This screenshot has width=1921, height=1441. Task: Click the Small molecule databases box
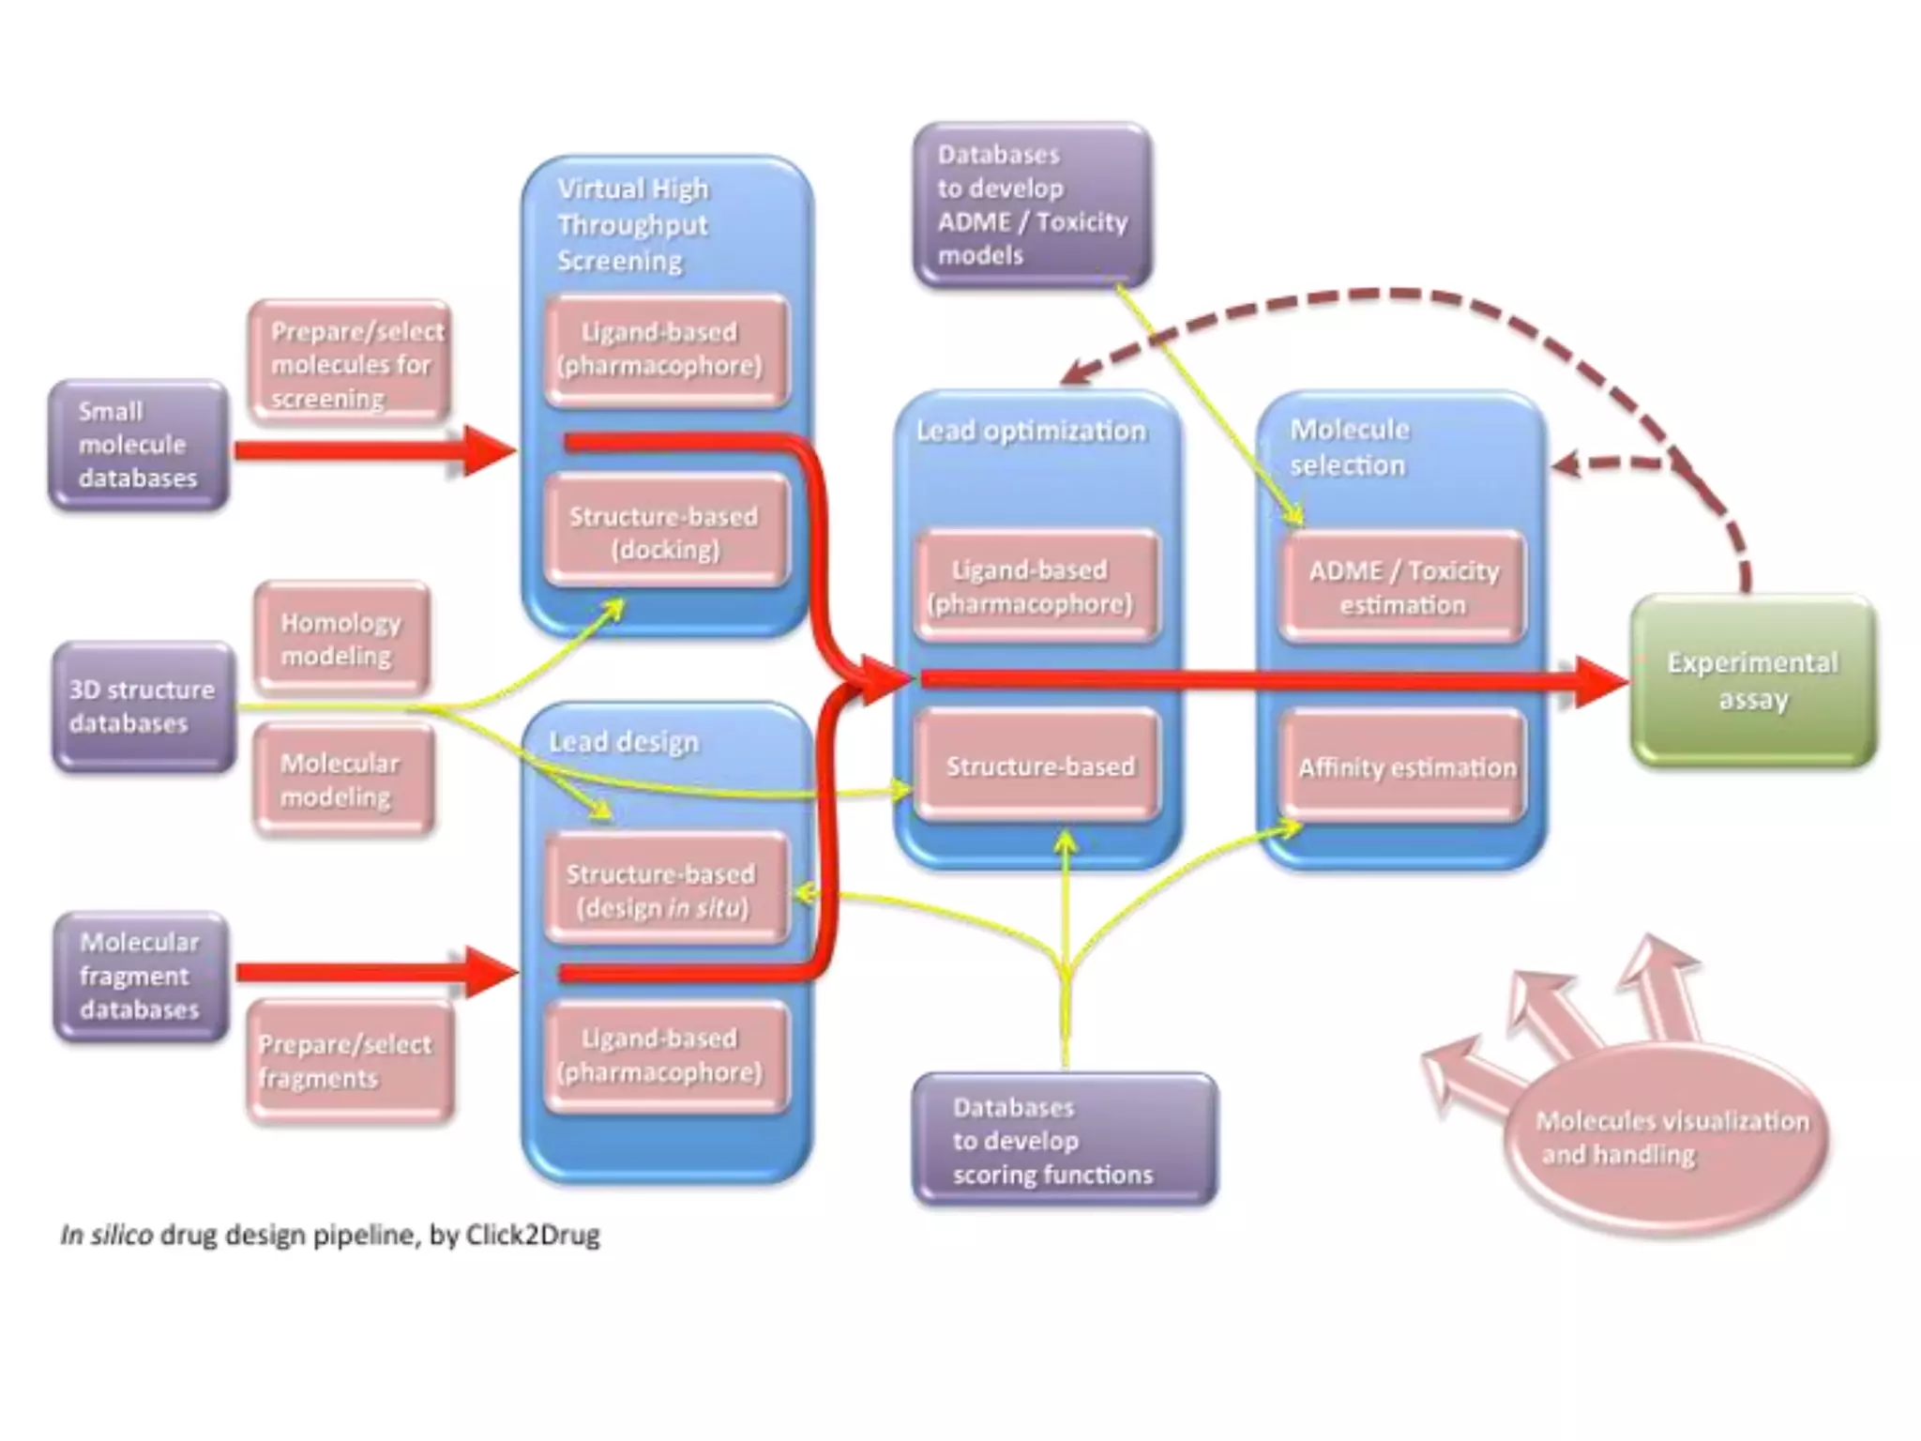pyautogui.click(x=138, y=445)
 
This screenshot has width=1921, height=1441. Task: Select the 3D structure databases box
pyautogui.click(x=143, y=706)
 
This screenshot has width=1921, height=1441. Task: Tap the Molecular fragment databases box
pyautogui.click(x=141, y=976)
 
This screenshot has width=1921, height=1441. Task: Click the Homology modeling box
pyautogui.click(x=341, y=638)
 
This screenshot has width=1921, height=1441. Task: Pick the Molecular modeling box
pyautogui.click(x=343, y=780)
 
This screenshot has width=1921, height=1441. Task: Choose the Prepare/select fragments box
pyautogui.click(x=349, y=1061)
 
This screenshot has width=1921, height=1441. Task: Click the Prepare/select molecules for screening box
pyautogui.click(x=350, y=363)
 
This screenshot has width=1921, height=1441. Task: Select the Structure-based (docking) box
pyautogui.click(x=666, y=532)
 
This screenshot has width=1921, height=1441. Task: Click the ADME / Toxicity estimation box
pyautogui.click(x=1402, y=587)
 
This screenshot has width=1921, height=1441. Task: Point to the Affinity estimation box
pyautogui.click(x=1404, y=767)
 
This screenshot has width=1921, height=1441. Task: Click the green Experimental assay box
pyautogui.click(x=1752, y=681)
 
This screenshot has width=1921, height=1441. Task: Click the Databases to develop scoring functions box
pyautogui.click(x=1065, y=1140)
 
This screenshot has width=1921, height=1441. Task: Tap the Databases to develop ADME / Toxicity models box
pyautogui.click(x=1032, y=205)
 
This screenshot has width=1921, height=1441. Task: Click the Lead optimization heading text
pyautogui.click(x=1031, y=431)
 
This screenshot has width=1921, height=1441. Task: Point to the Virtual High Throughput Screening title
pyautogui.click(x=633, y=225)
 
